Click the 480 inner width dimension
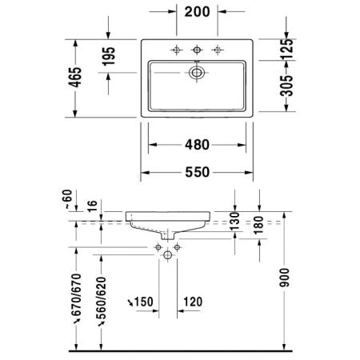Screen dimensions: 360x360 [x=196, y=145]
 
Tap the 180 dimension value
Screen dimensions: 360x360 [x=259, y=226]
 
